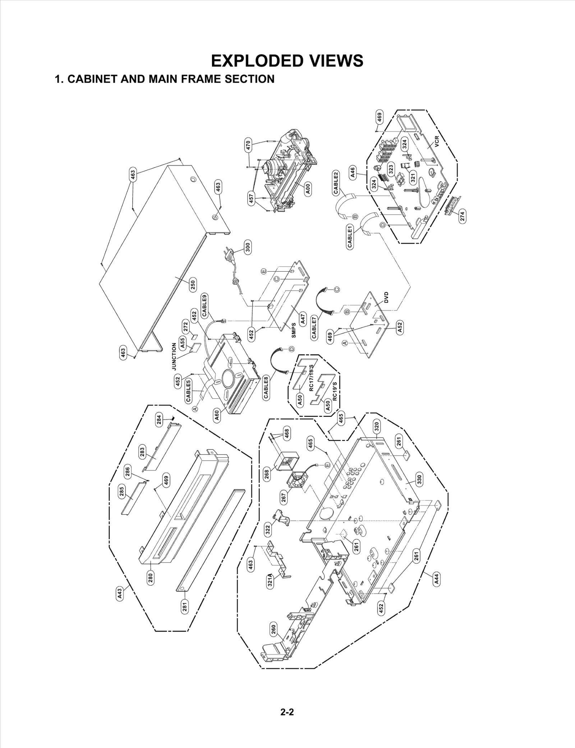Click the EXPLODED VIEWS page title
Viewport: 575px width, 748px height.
(x=287, y=61)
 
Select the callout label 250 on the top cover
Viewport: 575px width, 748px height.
(x=193, y=285)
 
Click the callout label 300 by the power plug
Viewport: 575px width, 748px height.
(x=248, y=248)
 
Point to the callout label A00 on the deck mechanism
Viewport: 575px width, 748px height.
(x=308, y=189)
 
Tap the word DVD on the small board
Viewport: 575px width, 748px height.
(x=386, y=297)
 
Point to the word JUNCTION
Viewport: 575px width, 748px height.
(x=174, y=356)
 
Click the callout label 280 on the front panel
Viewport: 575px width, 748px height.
(x=151, y=577)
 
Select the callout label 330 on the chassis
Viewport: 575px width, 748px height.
(x=419, y=479)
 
